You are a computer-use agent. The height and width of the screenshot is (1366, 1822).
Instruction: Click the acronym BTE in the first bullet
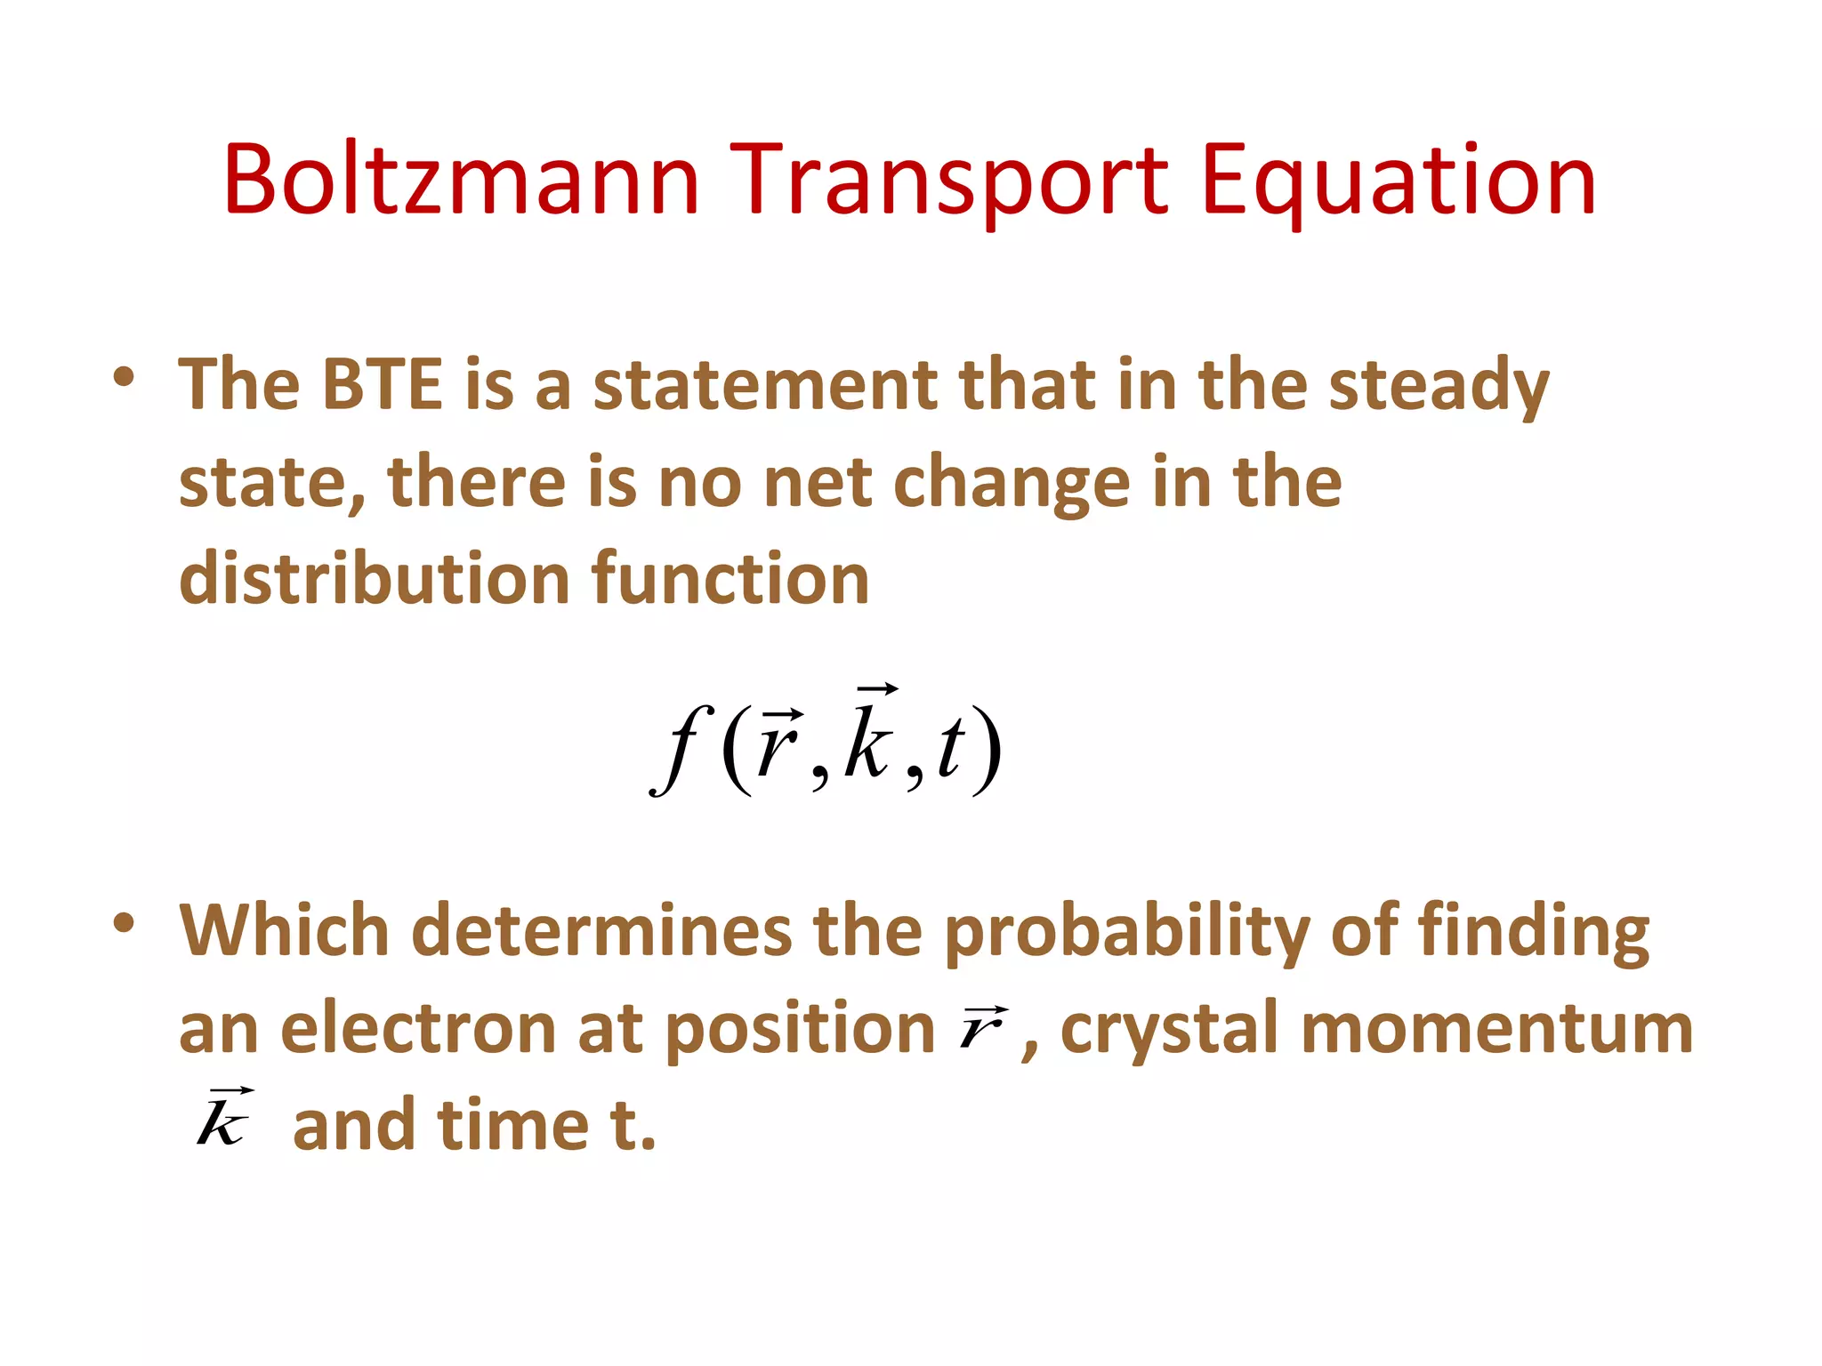(382, 384)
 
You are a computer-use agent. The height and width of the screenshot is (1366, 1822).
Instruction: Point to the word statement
(765, 384)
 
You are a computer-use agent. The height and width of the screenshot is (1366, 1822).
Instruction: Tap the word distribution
(374, 578)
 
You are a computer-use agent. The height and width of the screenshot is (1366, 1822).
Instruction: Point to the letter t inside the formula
(950, 747)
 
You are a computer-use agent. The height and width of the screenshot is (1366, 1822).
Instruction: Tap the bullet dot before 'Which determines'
(124, 922)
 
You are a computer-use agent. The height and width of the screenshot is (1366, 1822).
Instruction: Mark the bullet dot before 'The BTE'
(124, 377)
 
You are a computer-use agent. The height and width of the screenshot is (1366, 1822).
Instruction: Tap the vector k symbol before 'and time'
(222, 1119)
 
